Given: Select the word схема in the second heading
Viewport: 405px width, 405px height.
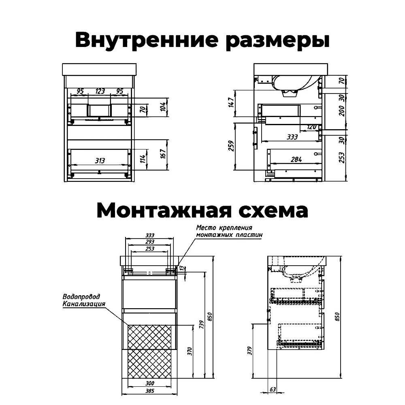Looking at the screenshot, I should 275,211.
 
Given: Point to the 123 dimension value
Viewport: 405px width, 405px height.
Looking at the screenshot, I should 100,91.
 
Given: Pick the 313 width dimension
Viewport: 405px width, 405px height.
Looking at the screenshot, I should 100,161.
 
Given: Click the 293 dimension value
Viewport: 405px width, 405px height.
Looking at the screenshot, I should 149,242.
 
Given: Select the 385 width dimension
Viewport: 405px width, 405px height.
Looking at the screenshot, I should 149,392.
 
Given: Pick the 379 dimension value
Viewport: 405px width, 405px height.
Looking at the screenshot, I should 249,350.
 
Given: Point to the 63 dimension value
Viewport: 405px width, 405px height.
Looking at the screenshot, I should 272,390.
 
